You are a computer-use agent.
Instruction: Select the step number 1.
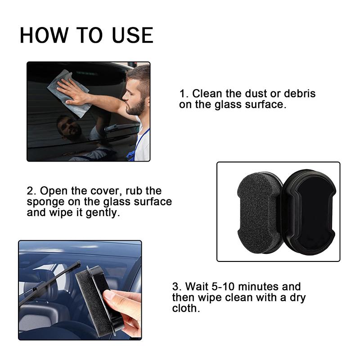point(182,94)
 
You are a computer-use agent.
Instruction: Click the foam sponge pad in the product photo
point(258,211)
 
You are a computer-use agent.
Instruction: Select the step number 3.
point(175,287)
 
